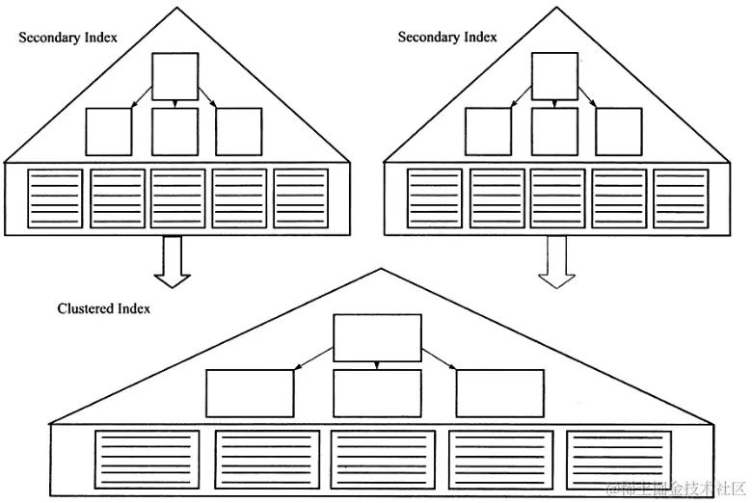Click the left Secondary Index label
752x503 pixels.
(x=68, y=37)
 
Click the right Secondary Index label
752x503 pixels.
(x=447, y=37)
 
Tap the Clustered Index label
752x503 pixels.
(x=104, y=309)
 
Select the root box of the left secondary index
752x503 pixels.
(x=175, y=77)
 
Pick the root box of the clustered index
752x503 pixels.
(x=377, y=338)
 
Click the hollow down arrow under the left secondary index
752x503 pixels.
(x=174, y=262)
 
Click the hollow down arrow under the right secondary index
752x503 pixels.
(x=554, y=262)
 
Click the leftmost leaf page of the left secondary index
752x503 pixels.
(x=56, y=199)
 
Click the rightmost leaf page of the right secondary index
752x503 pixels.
(x=681, y=199)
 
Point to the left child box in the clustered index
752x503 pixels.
(x=250, y=394)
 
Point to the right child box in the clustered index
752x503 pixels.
(x=499, y=394)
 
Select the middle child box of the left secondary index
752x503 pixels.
(x=175, y=131)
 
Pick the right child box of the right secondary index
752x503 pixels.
(x=618, y=131)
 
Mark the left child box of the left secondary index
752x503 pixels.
(x=109, y=131)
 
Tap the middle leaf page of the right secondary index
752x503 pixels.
(x=557, y=199)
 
